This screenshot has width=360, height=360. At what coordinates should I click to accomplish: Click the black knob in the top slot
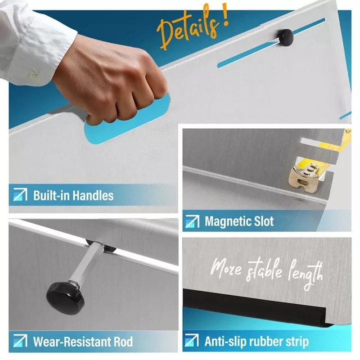click(x=285, y=37)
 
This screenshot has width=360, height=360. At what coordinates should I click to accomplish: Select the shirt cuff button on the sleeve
click(x=34, y=74)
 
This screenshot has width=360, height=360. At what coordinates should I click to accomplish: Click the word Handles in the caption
click(x=93, y=196)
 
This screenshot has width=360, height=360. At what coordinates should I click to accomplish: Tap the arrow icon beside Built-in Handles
click(x=20, y=194)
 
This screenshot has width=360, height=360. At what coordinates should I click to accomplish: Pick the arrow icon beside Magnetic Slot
click(x=193, y=221)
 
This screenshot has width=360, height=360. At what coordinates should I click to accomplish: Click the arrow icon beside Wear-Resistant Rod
click(x=20, y=341)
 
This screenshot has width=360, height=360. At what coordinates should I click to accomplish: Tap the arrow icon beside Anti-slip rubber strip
click(x=192, y=341)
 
